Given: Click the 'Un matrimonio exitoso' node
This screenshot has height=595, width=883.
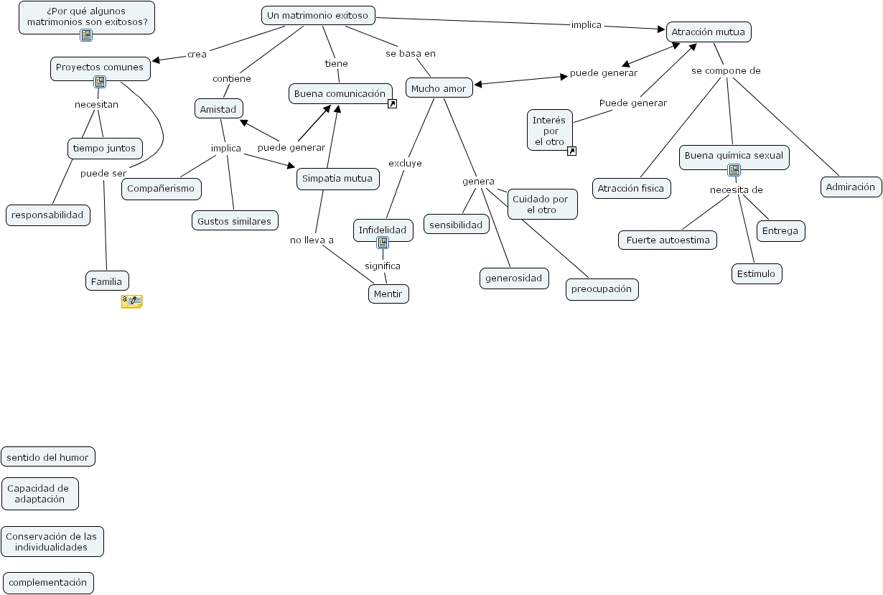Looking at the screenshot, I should click(317, 15).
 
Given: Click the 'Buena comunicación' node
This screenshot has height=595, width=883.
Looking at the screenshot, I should click(340, 93).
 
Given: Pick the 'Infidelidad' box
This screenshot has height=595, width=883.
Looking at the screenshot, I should click(383, 230).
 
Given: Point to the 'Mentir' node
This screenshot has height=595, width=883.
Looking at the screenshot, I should click(388, 294).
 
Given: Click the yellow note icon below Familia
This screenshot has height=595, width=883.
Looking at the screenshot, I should click(131, 301).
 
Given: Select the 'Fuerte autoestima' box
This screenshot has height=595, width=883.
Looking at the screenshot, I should click(668, 240).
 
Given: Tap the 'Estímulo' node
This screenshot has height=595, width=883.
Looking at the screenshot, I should click(756, 273).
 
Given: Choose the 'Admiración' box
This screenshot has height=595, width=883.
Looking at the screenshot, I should click(851, 187).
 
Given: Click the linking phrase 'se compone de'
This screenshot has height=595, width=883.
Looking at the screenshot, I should click(726, 71).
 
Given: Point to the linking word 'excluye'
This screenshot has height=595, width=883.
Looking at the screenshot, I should click(405, 163).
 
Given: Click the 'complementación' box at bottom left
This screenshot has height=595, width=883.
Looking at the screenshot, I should click(48, 583).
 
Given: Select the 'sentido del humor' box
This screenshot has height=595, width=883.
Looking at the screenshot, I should click(47, 456).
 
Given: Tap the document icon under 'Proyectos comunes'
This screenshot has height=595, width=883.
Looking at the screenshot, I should click(100, 81).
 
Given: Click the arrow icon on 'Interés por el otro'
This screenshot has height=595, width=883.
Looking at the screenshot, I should click(571, 151).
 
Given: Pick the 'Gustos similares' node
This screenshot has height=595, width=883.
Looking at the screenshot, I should click(235, 221).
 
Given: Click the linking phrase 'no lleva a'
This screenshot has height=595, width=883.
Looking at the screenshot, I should click(312, 240).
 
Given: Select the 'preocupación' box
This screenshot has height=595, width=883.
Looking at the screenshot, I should click(602, 289).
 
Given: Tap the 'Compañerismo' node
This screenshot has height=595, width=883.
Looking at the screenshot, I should click(161, 189).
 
